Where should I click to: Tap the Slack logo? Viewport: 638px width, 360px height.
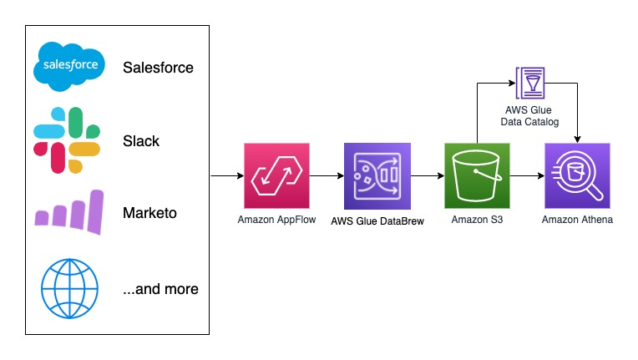[x=66, y=140]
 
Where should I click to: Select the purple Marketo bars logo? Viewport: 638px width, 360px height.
[x=69, y=212]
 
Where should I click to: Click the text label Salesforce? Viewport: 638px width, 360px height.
[x=158, y=68]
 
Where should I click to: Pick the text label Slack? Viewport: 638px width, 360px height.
[x=141, y=141]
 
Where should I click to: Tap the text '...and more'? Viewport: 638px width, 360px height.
[x=160, y=289]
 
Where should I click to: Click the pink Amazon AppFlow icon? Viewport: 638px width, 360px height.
[x=276, y=175]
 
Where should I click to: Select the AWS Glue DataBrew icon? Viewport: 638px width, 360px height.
[x=377, y=175]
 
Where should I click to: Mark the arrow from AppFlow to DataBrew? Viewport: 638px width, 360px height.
[x=327, y=176]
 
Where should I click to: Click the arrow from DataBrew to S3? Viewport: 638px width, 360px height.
[x=427, y=176]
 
